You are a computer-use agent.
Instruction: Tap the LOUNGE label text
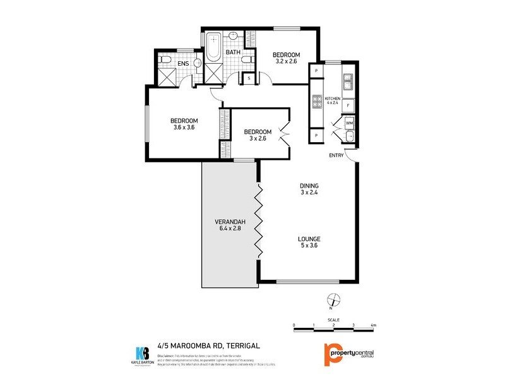(310, 239)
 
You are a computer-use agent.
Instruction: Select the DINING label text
(309, 186)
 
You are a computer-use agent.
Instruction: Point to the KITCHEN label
(333, 99)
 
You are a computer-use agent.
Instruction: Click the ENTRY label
(336, 156)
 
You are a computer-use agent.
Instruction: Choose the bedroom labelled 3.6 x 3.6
(184, 121)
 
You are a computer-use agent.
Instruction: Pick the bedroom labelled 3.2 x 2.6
(286, 55)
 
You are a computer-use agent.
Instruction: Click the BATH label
(234, 52)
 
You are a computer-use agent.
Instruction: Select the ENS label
(183, 64)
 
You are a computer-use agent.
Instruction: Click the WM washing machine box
(349, 123)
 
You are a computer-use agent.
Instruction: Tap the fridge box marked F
(348, 105)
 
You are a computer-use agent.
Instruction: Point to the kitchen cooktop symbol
(317, 100)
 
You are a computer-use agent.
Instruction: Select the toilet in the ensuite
(165, 59)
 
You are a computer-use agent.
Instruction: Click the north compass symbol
(330, 300)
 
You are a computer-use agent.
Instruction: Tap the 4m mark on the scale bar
(373, 326)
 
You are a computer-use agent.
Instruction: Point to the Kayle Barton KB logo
(143, 354)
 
